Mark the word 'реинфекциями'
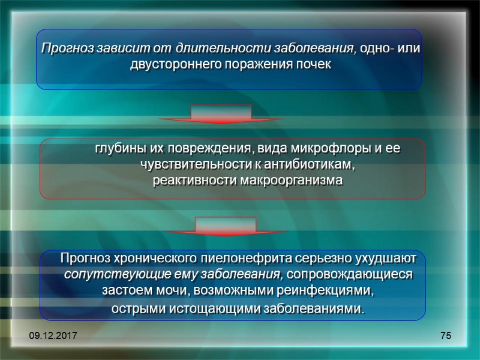pos(328,292)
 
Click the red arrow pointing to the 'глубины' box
pos(221,114)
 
